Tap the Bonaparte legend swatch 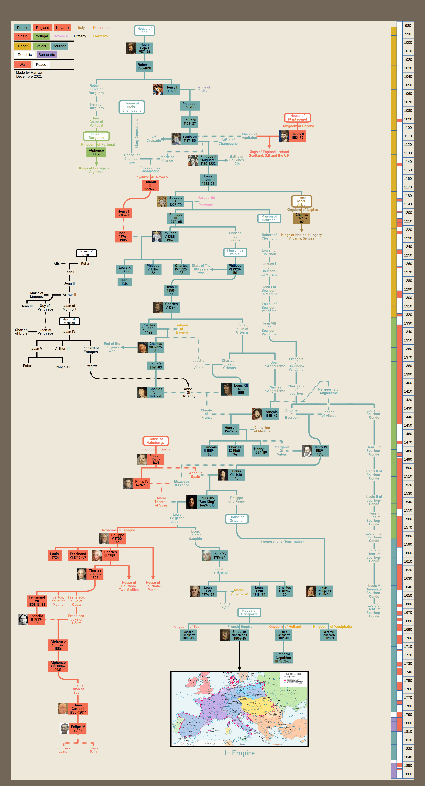tap(47, 55)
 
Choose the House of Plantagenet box tap(297, 117)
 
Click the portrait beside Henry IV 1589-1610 tap(306, 451)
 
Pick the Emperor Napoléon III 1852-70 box tap(283, 658)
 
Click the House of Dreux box tap(86, 253)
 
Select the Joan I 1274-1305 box tap(123, 237)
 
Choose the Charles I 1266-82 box tap(302, 218)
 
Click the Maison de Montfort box tap(70, 321)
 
